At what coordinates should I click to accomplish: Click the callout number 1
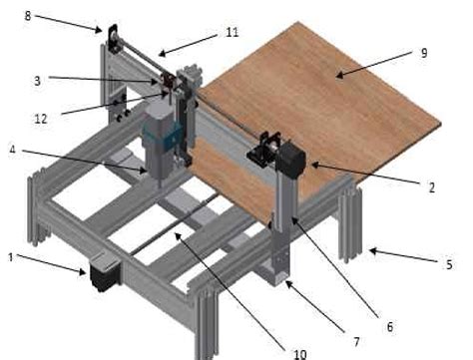[11, 257]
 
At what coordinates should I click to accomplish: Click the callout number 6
[389, 325]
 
